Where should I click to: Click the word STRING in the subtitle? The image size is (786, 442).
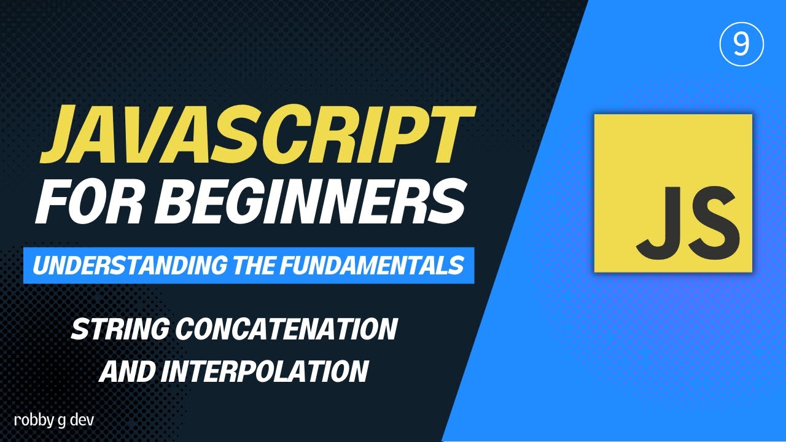[x=119, y=330]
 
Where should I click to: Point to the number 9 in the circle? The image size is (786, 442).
[x=741, y=45]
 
